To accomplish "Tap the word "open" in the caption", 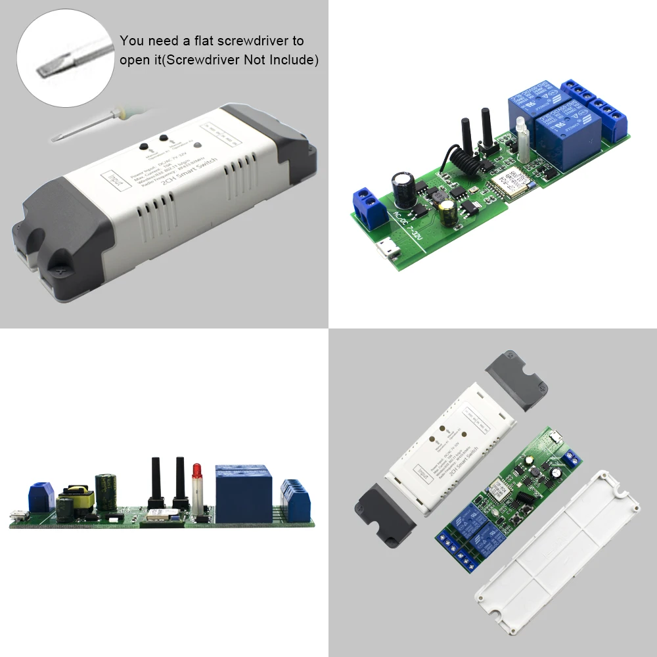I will [133, 60].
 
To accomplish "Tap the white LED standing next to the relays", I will [523, 140].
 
